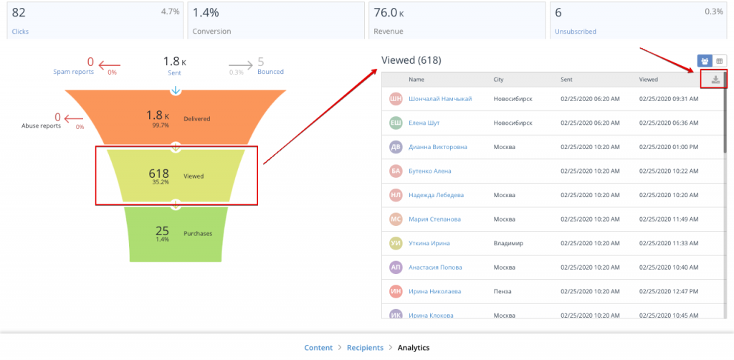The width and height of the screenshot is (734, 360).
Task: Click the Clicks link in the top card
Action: click(20, 32)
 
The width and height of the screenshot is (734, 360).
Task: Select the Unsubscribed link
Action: click(576, 32)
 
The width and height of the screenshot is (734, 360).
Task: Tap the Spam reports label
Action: click(73, 72)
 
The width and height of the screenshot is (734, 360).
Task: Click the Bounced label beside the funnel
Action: click(270, 72)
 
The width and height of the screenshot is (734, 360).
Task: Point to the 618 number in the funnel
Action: click(158, 174)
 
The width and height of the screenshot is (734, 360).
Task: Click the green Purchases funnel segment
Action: click(176, 233)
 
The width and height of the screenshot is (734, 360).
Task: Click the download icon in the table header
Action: click(715, 80)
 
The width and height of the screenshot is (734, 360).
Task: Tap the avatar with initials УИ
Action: click(395, 243)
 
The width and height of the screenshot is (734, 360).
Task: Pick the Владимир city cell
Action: click(509, 243)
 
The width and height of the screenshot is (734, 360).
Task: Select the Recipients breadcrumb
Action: click(365, 348)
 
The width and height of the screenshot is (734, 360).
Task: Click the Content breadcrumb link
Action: click(318, 348)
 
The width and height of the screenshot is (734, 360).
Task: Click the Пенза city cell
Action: click(503, 291)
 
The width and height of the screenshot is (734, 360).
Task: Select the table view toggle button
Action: click(720, 61)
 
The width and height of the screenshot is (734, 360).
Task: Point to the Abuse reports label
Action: click(41, 125)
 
